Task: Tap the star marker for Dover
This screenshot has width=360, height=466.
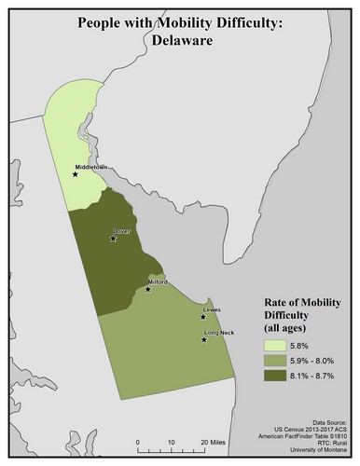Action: click(112, 238)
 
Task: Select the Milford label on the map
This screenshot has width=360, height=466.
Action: click(157, 281)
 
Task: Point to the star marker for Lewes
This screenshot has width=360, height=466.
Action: click(202, 317)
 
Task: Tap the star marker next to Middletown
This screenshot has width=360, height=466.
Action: click(76, 173)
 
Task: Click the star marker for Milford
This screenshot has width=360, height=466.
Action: click(148, 289)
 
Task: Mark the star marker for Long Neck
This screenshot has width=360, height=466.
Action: click(204, 340)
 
